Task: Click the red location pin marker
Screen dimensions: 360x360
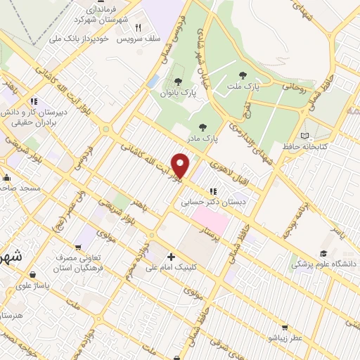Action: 181,165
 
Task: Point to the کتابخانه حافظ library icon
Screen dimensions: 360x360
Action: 304,136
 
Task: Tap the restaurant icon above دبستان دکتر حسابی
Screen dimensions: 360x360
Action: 212,191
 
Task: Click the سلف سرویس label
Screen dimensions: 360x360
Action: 146,39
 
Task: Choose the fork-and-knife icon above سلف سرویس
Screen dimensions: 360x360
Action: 139,29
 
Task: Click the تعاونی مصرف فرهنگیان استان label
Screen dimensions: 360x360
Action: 79,263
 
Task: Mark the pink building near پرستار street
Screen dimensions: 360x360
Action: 216,224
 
